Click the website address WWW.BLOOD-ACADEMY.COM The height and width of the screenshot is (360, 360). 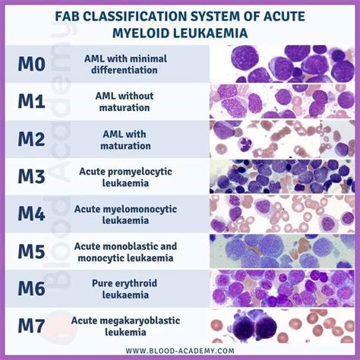click(x=180, y=350)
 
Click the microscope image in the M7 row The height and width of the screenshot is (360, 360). click(x=280, y=327)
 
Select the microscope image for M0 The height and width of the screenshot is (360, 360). click(x=280, y=63)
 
